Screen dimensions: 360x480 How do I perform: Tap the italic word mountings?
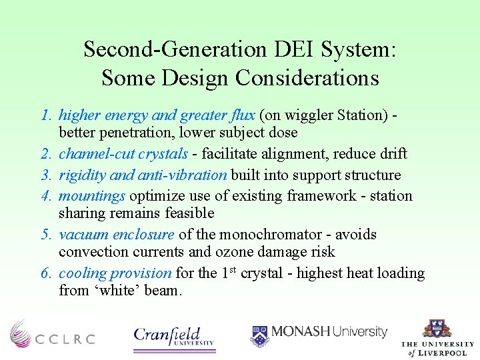tap(92, 196)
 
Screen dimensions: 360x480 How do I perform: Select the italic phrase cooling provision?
tap(115, 273)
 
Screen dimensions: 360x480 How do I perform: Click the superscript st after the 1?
tap(233, 269)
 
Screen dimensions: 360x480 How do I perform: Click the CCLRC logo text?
tap(65, 339)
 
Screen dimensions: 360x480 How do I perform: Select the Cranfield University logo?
tap(174, 336)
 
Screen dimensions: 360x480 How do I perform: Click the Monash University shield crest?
tap(260, 335)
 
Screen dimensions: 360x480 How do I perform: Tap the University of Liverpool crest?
tap(437, 329)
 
